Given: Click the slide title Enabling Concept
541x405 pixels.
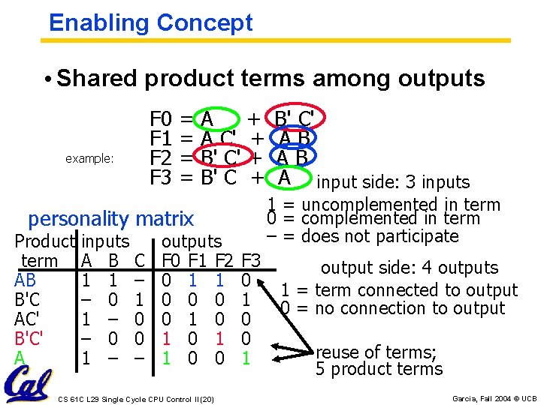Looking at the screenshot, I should (151, 22).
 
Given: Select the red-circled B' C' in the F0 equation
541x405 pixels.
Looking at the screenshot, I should (298, 119).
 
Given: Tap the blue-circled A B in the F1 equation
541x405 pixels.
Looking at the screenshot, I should (294, 139).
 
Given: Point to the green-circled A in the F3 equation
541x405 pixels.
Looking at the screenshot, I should (284, 178).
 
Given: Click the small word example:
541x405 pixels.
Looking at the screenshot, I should (89, 159).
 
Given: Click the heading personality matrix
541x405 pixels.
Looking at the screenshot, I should (110, 219).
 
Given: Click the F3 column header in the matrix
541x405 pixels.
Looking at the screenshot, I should (250, 261).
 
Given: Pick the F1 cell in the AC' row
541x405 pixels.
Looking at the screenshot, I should (193, 319).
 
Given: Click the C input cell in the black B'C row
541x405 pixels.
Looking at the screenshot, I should (140, 299).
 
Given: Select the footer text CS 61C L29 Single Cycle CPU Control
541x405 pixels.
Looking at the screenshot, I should (135, 397).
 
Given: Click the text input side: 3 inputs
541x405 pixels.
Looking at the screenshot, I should (393, 182).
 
